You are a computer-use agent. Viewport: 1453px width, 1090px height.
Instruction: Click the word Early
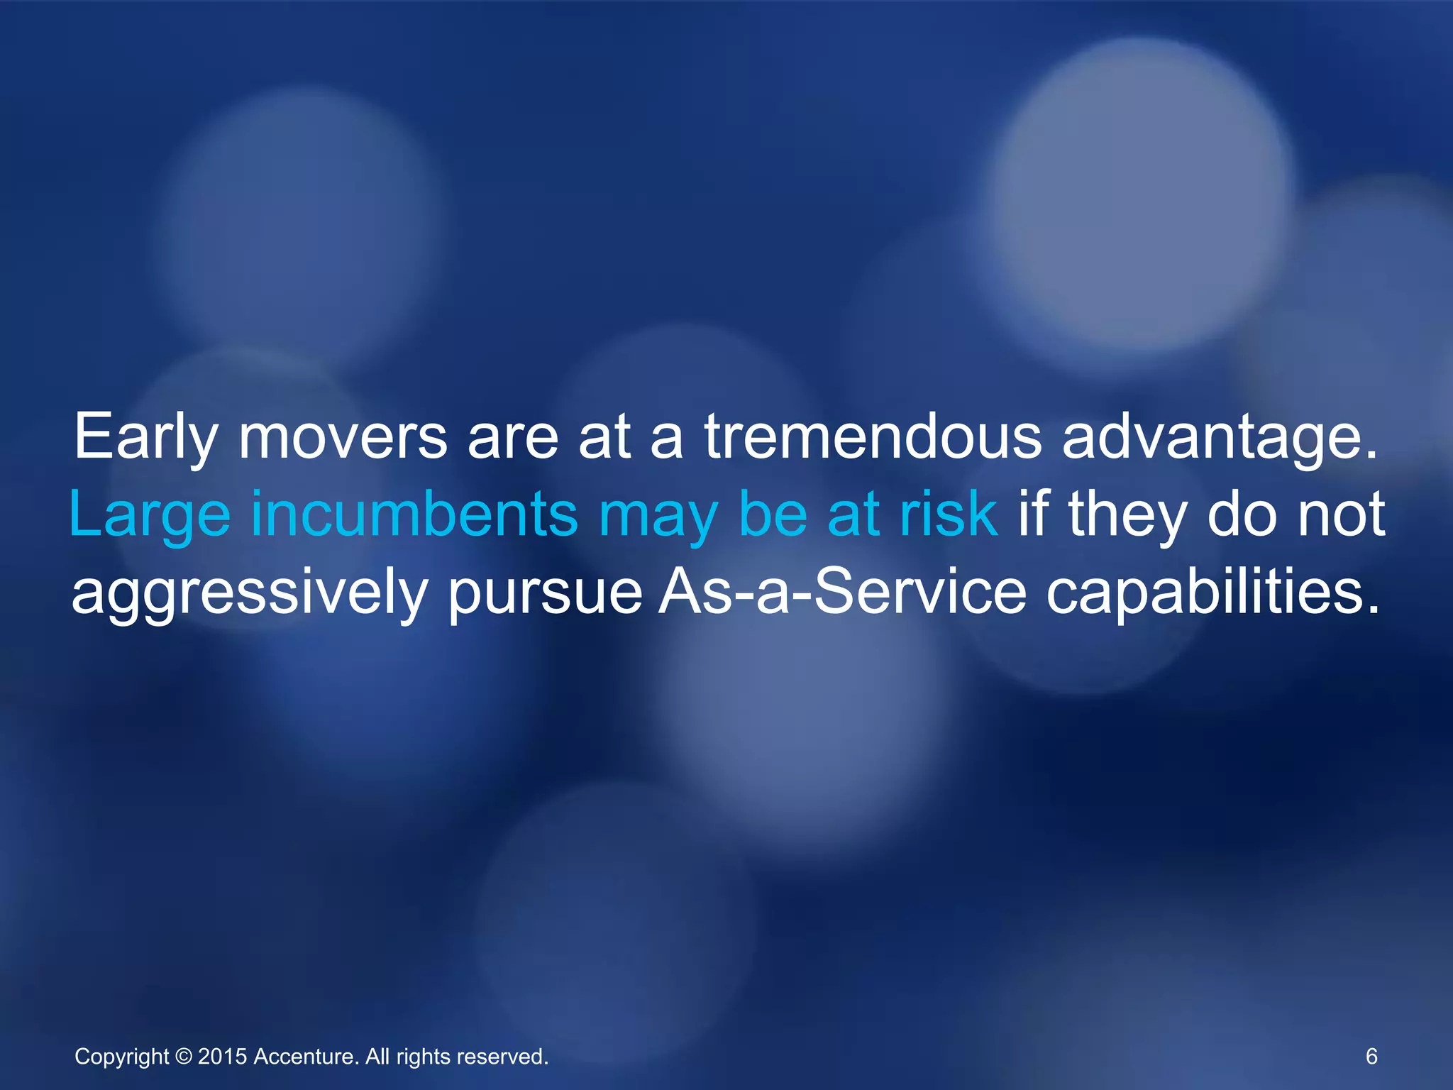[x=145, y=437]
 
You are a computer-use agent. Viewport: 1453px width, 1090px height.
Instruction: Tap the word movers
[x=343, y=437]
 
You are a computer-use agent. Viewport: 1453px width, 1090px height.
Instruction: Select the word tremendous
[x=873, y=437]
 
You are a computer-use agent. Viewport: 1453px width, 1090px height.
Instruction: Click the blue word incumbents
[x=415, y=514]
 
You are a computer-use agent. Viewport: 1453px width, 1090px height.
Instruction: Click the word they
[x=1127, y=515]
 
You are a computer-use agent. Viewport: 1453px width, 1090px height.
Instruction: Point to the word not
[x=1341, y=514]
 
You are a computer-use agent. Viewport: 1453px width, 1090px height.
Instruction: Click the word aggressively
[x=249, y=593]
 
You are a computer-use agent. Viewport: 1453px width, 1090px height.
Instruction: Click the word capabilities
[x=1214, y=592]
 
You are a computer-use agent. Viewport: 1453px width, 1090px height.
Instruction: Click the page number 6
[x=1371, y=1057]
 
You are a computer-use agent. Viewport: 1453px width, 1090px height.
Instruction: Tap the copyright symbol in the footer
[x=183, y=1057]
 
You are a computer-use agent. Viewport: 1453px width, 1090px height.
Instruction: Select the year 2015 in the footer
[x=222, y=1057]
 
